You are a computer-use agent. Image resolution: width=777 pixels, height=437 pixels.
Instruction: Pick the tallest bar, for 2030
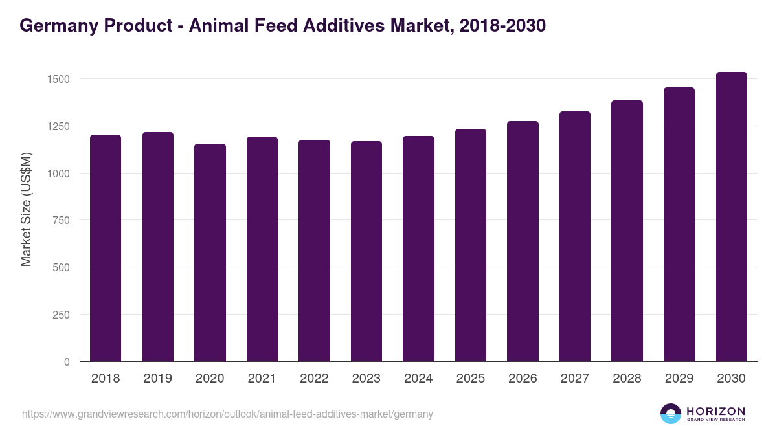coord(731,217)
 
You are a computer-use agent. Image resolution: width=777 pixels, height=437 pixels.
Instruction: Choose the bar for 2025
coord(470,245)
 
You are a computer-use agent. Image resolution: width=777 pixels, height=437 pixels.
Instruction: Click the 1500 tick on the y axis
coord(59,79)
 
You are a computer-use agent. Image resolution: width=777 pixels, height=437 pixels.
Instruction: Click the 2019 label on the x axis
coord(157,379)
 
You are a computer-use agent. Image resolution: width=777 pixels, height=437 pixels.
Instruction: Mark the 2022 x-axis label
coord(314,379)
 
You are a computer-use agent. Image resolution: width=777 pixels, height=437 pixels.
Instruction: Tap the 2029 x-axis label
coord(679,379)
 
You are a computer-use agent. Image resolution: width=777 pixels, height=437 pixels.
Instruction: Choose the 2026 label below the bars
coord(523,379)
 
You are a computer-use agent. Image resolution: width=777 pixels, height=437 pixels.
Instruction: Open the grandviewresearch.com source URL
coord(227,414)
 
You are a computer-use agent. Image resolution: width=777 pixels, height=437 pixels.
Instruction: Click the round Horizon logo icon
coord(671,414)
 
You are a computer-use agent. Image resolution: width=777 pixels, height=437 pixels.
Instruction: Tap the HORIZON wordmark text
coord(715,410)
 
